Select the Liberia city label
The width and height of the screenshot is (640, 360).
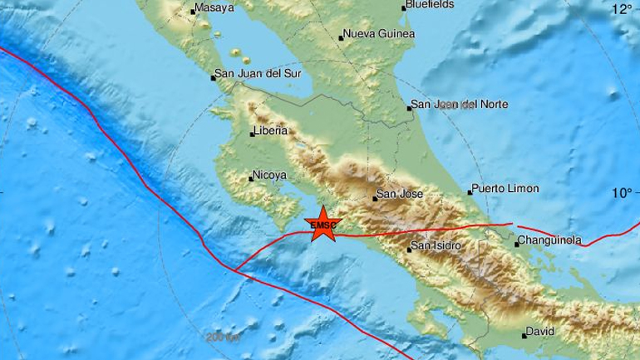coord(272,131)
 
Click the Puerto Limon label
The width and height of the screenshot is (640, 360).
coord(505,189)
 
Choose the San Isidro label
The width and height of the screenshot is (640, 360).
coord(437,245)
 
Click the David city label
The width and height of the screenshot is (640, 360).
coord(540,333)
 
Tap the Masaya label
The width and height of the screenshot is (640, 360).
coord(214,10)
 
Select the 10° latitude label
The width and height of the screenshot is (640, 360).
coord(622,193)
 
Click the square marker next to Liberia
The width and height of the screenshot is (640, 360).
coord(252,133)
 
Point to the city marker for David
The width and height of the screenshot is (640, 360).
coord(524,335)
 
